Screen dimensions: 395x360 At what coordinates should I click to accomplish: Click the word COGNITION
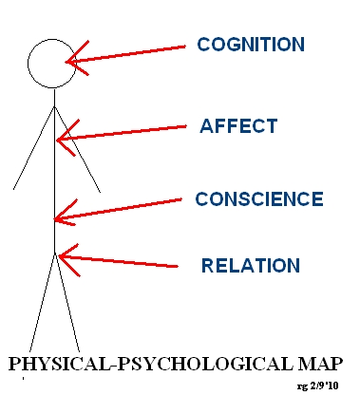point(251,44)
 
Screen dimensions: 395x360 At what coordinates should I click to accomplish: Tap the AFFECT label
point(238,126)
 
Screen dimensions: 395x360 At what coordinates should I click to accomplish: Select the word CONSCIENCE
point(259,199)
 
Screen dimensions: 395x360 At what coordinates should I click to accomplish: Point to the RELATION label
point(250,266)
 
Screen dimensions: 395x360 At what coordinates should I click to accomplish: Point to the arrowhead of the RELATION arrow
point(64,254)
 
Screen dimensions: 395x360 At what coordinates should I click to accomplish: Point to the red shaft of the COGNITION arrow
point(133,53)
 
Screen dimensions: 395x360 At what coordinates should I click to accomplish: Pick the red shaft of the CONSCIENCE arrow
point(123,209)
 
